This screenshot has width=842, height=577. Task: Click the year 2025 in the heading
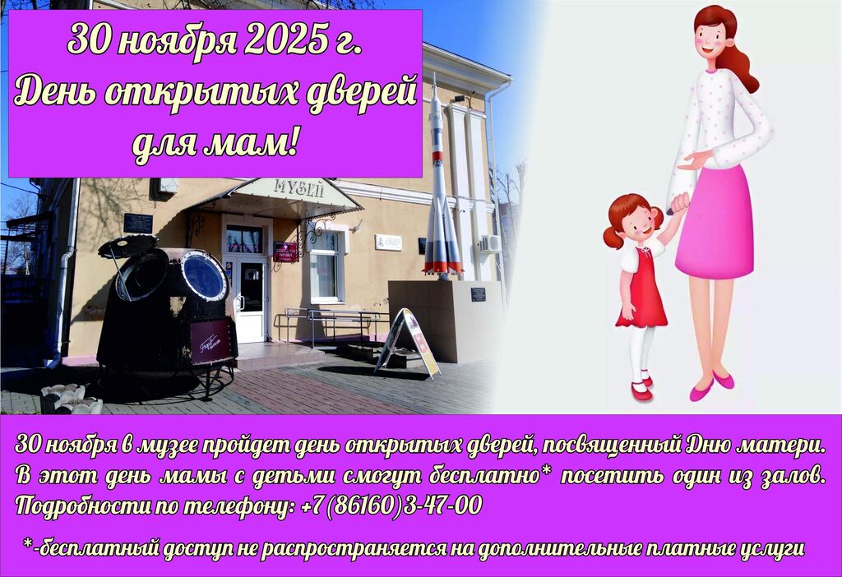pyautogui.click(x=285, y=40)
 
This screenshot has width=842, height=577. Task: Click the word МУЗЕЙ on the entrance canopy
pyautogui.click(x=299, y=187)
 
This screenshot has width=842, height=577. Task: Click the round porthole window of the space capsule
pyautogui.click(x=204, y=276)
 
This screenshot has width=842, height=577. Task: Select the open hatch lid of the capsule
pyautogui.click(x=127, y=246)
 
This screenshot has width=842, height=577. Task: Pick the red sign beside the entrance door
pyautogui.click(x=285, y=252)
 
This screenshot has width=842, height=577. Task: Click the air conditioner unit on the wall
pyautogui.click(x=490, y=243)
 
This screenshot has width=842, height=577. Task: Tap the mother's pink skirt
pyautogui.click(x=716, y=221)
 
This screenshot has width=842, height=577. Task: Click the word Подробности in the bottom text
pyautogui.click(x=82, y=505)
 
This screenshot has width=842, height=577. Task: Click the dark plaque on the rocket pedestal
pyautogui.click(x=478, y=294)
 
